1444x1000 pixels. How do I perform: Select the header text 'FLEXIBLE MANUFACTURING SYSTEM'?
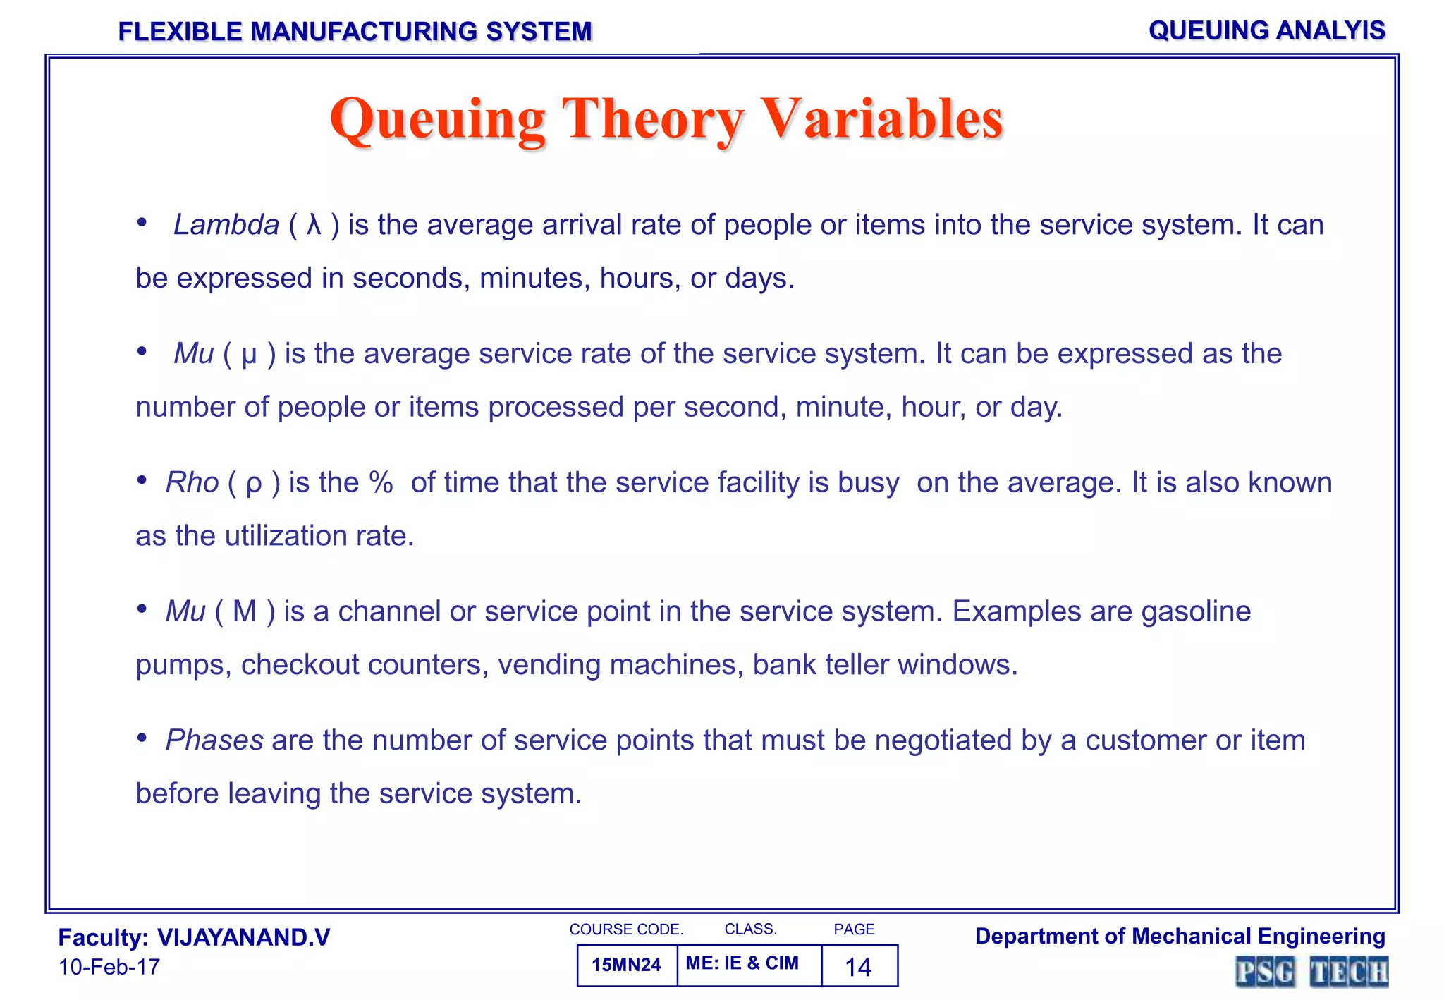(x=355, y=32)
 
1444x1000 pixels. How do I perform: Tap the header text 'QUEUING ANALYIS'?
(x=1266, y=30)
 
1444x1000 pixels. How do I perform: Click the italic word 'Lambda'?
(x=226, y=225)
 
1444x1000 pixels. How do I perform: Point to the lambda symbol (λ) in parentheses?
(x=314, y=225)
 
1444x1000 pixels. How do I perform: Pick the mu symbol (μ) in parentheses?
(x=249, y=355)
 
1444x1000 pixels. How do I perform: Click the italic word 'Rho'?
(x=192, y=483)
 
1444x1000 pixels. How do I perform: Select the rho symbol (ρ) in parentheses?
(x=254, y=484)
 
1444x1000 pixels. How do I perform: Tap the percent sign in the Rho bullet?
(x=381, y=483)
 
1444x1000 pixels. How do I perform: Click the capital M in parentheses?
(x=244, y=611)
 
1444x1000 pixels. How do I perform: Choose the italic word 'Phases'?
(x=214, y=740)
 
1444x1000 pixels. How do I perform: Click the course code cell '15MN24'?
(x=626, y=965)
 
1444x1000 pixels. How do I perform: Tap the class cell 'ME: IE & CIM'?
(x=742, y=963)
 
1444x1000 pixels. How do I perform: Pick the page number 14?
(x=858, y=966)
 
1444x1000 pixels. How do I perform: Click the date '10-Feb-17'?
(x=109, y=967)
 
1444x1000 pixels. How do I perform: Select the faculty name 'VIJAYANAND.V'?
(x=243, y=937)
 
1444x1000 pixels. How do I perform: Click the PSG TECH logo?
(x=1311, y=972)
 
